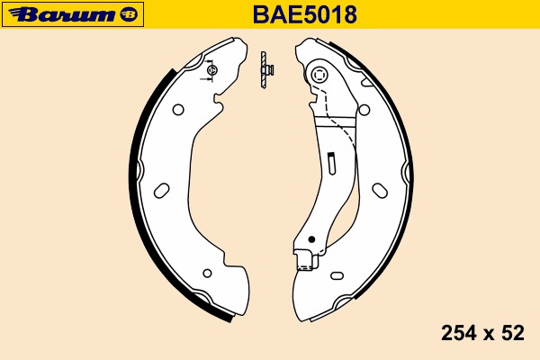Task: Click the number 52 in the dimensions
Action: click(513, 333)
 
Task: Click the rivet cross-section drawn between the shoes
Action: click(265, 70)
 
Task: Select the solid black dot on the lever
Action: click(310, 240)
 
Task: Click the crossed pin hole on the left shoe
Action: click(211, 69)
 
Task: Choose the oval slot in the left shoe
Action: click(163, 190)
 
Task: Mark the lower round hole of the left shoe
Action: click(207, 271)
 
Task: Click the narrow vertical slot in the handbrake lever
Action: click(331, 164)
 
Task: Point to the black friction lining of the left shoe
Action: click(137, 180)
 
